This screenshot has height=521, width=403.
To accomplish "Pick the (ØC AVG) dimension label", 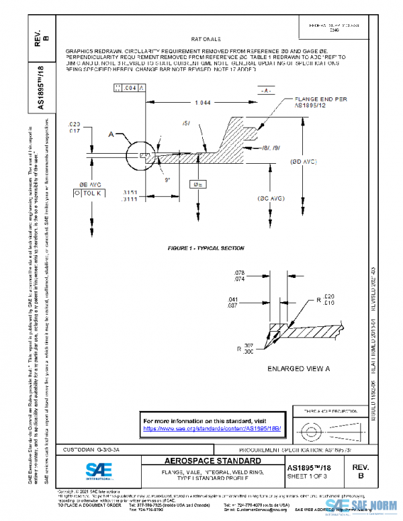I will click(272, 199).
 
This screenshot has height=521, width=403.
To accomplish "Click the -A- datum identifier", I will click(267, 89).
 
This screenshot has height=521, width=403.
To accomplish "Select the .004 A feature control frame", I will click(129, 88).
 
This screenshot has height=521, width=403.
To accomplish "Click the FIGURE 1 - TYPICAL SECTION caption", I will click(206, 248).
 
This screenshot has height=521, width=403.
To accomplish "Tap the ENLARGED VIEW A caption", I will click(299, 369).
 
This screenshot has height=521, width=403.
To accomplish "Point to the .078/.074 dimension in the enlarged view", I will click(239, 275).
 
